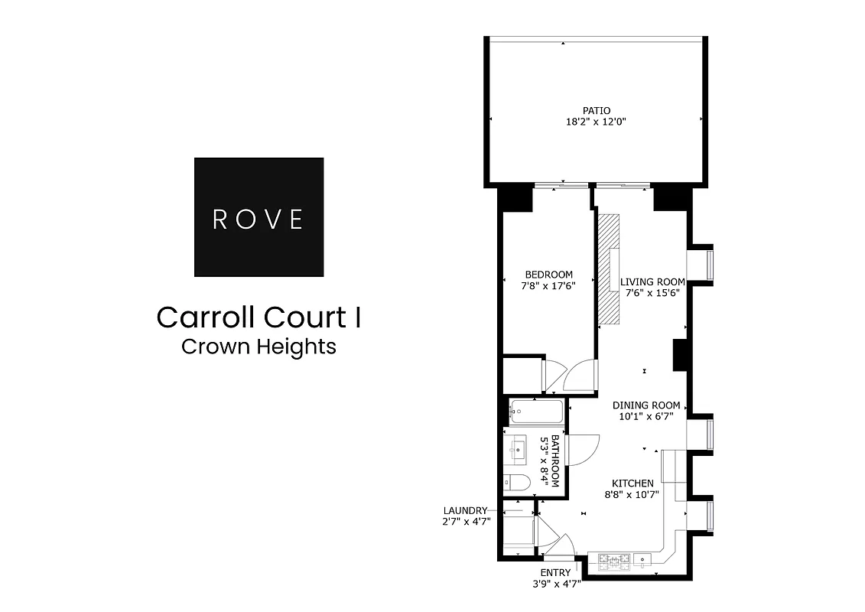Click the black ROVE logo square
259,216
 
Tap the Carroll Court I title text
259,317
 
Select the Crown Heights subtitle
259,347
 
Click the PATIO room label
596,111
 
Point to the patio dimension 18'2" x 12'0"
596,122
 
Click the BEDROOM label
548,275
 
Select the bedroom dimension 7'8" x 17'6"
548,285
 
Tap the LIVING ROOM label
652,281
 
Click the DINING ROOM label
646,405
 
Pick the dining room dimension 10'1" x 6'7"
646,417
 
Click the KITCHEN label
632,483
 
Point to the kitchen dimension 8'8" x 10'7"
632,494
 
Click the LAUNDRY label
465,510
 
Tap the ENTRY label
556,572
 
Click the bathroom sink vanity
516,449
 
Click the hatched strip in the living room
610,271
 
